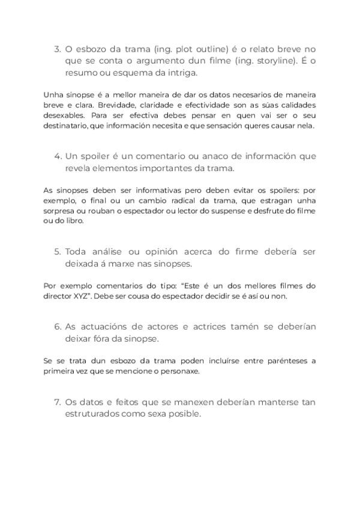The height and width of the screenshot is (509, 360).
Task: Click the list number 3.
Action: pos(57,49)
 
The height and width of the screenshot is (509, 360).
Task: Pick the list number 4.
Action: pos(57,156)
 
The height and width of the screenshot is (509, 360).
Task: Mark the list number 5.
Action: pos(57,251)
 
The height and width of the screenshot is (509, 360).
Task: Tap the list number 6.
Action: pos(57,327)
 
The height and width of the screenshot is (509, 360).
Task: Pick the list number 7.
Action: pos(57,402)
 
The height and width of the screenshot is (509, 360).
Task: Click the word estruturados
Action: pos(94,414)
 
